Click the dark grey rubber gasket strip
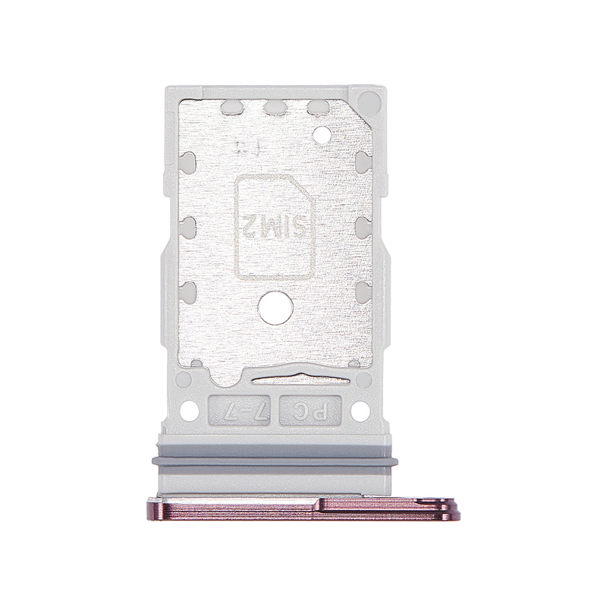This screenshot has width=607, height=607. point(276,458)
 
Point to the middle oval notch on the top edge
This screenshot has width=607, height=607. point(275,108)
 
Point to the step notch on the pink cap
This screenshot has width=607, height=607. point(325,501)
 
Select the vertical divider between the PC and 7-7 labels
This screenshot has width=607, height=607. point(276,413)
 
